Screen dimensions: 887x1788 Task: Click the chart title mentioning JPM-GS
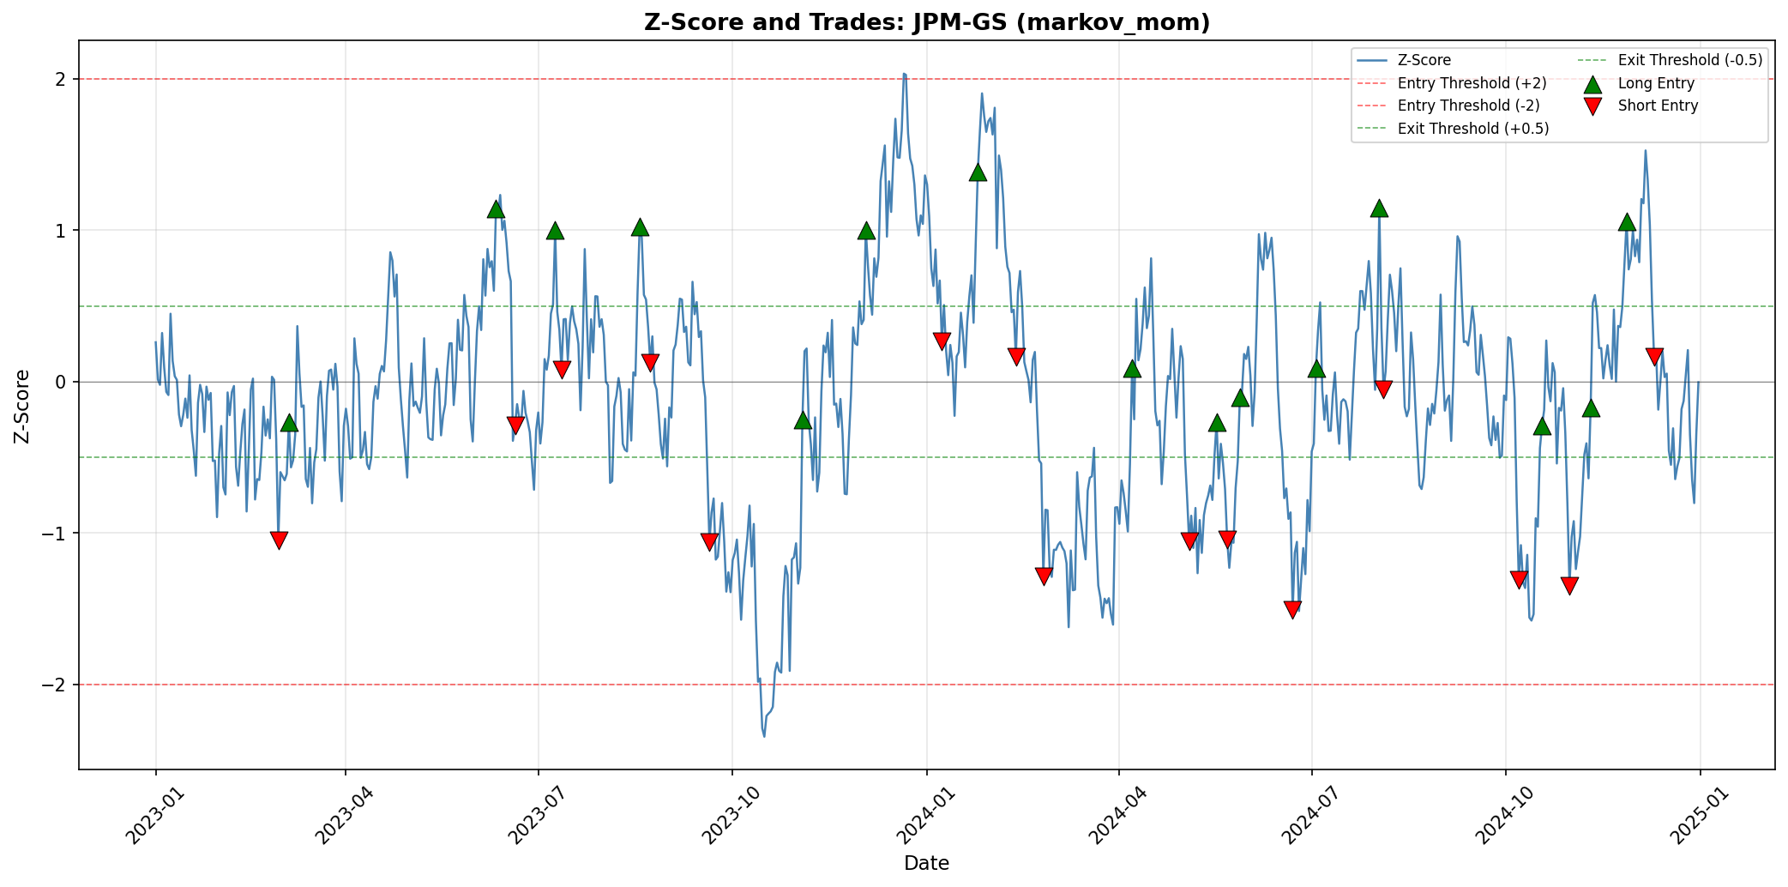pos(926,22)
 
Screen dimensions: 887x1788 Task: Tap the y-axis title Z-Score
pos(23,406)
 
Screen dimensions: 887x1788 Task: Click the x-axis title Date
pos(926,863)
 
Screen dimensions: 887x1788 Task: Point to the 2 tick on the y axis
pos(63,79)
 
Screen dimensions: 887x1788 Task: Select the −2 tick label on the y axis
pos(57,685)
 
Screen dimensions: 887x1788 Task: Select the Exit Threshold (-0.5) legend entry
pos(1689,60)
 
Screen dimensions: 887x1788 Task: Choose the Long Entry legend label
pos(1655,83)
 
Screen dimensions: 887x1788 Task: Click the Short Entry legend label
pos(1657,106)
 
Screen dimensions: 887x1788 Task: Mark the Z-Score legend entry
pos(1424,60)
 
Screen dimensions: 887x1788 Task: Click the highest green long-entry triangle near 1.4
pos(978,172)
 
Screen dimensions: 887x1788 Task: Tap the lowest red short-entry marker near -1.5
pos(1292,609)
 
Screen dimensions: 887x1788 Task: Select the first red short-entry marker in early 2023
pos(279,540)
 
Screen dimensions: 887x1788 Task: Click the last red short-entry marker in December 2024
pos(1654,356)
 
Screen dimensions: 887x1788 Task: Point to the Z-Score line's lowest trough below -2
pos(764,735)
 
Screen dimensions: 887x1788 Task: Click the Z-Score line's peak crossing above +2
pos(904,74)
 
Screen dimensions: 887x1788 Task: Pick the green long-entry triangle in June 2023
pos(496,209)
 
